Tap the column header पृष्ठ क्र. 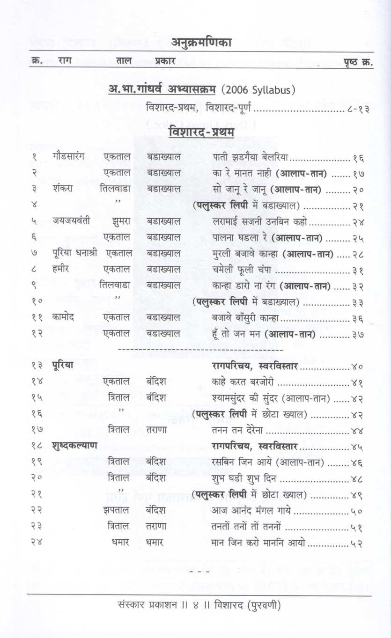(x=358, y=61)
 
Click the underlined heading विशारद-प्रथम (x=201, y=133)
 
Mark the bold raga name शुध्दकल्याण (x=75, y=446)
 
